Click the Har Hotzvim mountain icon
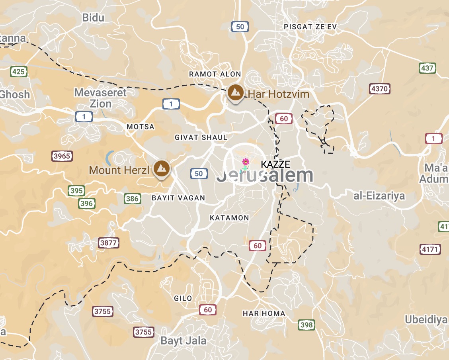coord(236,93)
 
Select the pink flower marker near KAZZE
coord(246,162)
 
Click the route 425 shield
coord(19,72)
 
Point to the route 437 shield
coord(427,68)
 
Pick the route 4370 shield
coord(379,89)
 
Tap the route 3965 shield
coord(62,156)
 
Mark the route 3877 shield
coord(108,243)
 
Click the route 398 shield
coord(306,325)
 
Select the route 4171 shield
coord(430,250)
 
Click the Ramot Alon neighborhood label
coord(215,74)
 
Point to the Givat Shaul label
coord(201,137)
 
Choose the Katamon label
coord(229,218)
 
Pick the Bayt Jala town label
coord(184,341)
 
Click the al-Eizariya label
coord(379,196)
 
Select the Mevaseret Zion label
coord(100,98)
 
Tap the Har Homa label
coord(264,313)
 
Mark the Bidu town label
coord(93,18)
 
